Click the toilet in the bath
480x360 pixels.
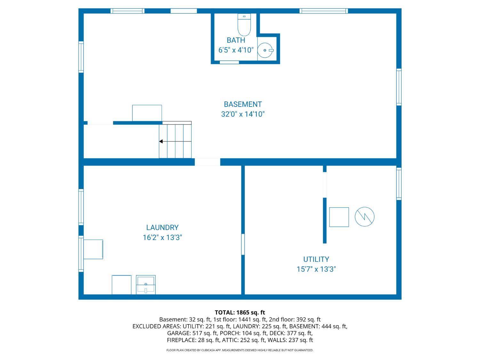pos(244,25)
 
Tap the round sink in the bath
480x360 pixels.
pos(265,50)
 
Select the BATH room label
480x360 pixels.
pos(236,40)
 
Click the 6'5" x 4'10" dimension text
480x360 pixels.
pos(236,50)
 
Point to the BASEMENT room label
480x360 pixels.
pos(243,104)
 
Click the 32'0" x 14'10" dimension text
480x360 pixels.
pos(243,114)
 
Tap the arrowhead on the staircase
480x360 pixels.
pos(161,141)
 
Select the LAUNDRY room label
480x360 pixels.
pos(162,228)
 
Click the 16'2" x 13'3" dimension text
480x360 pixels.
pos(162,237)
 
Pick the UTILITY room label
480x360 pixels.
pos(316,259)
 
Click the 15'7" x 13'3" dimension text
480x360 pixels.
pos(316,269)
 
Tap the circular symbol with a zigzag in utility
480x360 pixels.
pos(364,217)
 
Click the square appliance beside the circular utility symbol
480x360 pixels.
pos(339,217)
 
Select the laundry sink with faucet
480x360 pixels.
pos(146,284)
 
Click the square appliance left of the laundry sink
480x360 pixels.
pos(122,284)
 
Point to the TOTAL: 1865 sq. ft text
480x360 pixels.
pos(240,312)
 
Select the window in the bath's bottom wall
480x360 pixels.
pos(229,62)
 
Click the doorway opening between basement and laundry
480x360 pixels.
pos(207,162)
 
